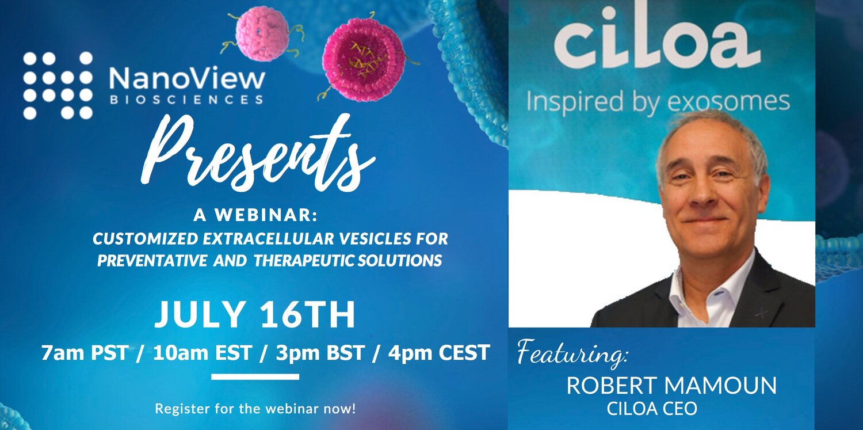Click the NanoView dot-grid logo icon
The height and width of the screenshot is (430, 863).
(x=58, y=85)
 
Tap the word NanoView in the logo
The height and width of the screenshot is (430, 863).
(x=187, y=79)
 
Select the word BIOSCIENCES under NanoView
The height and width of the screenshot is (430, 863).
(x=186, y=100)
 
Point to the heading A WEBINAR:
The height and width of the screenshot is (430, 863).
(x=255, y=215)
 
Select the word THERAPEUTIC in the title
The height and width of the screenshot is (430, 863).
(x=304, y=261)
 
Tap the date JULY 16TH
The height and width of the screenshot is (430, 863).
(x=255, y=314)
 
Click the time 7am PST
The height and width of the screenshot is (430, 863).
(x=85, y=352)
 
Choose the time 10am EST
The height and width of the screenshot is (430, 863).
(x=203, y=352)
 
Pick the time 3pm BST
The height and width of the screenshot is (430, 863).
(x=320, y=352)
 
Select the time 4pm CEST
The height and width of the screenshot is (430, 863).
(x=439, y=352)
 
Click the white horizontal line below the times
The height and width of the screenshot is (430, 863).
(x=255, y=376)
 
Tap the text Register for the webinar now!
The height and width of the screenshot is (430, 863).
(x=255, y=409)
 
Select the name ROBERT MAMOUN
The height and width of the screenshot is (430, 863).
(x=671, y=385)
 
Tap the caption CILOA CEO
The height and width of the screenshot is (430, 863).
(x=652, y=409)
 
